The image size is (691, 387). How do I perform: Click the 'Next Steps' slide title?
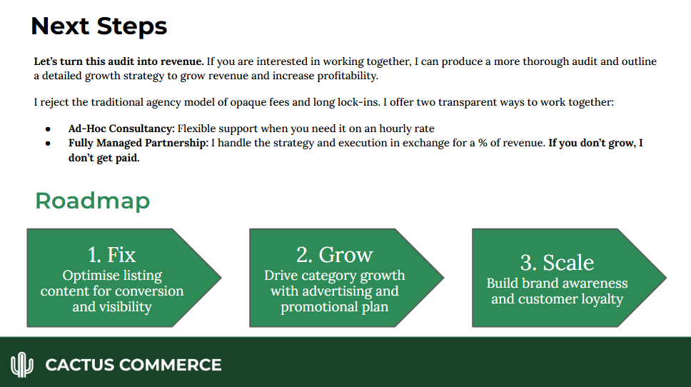(x=99, y=26)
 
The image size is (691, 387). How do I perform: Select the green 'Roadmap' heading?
(x=93, y=201)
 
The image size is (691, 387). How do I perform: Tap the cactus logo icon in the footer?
(x=22, y=365)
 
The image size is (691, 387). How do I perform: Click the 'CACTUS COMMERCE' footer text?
(x=133, y=365)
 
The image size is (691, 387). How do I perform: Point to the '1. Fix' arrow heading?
(x=111, y=255)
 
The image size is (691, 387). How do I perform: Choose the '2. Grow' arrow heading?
(x=334, y=255)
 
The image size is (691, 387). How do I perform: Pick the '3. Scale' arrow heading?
(x=557, y=262)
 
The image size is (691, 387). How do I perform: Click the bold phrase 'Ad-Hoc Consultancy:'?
(x=121, y=129)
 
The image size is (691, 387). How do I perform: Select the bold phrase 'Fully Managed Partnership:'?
(x=138, y=143)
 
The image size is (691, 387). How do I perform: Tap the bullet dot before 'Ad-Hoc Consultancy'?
(x=48, y=129)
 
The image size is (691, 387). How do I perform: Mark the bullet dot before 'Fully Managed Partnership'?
(x=48, y=144)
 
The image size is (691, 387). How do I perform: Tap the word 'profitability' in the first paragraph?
(x=342, y=76)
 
